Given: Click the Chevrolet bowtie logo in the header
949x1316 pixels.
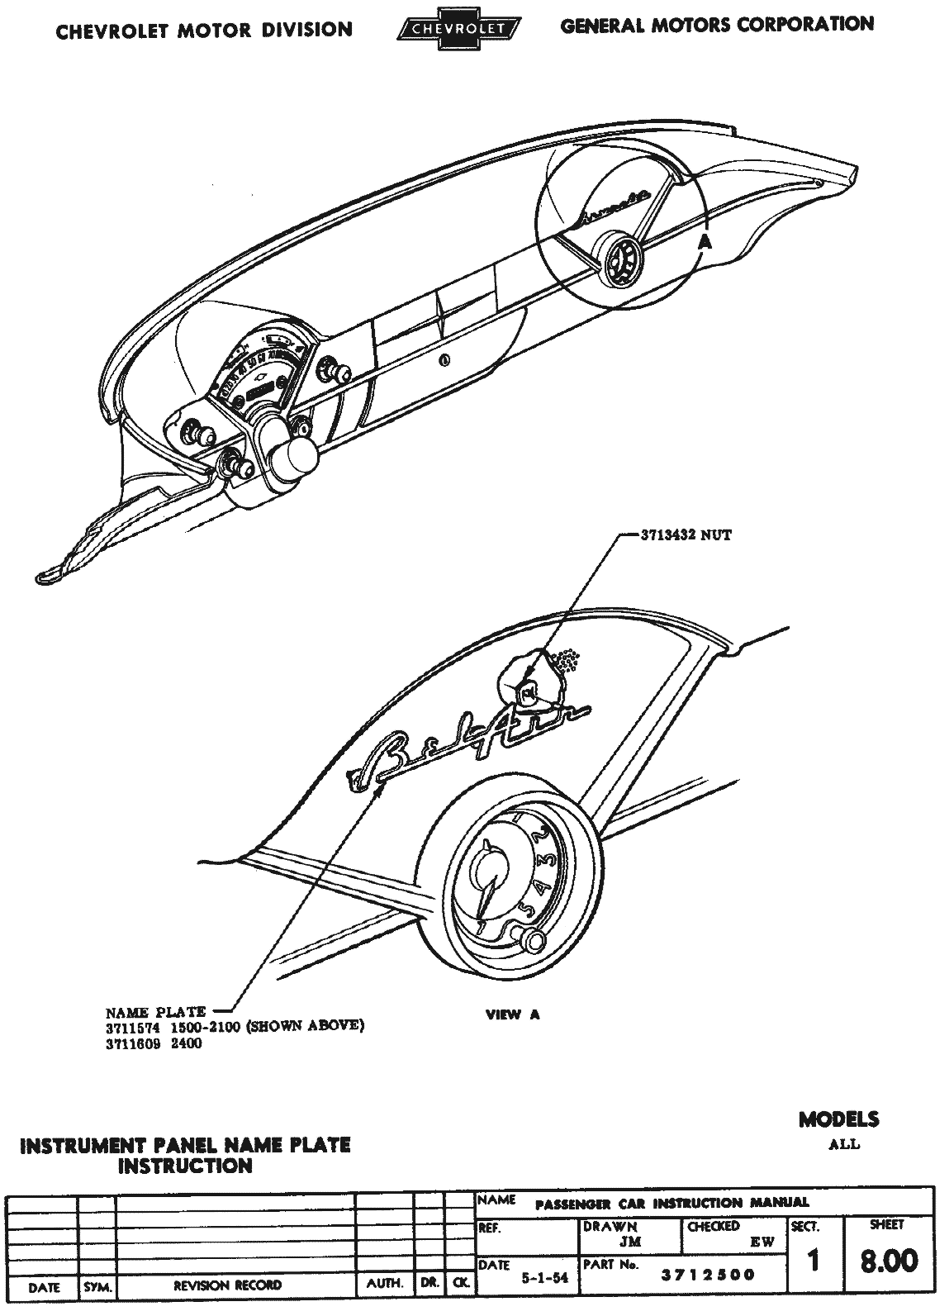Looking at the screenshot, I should (x=459, y=29).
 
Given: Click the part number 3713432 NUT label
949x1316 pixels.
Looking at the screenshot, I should (x=686, y=535).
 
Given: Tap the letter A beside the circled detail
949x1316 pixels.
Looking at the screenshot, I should (x=705, y=242).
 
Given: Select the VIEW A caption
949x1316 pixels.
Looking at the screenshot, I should (x=512, y=1014).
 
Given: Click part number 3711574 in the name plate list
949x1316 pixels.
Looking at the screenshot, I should (x=132, y=1027).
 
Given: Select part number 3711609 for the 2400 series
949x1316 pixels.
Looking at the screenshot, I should (x=132, y=1043).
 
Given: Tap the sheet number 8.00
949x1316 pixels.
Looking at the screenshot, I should (x=888, y=1261).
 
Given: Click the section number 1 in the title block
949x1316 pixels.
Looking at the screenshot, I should (x=813, y=1261).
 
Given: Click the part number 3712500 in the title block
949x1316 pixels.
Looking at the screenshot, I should (x=708, y=1275).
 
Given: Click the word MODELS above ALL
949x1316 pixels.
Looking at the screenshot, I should (x=838, y=1119).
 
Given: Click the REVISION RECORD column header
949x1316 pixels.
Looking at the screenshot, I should (x=227, y=1285).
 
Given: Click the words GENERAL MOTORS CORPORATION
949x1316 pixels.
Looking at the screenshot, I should (x=717, y=25).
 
